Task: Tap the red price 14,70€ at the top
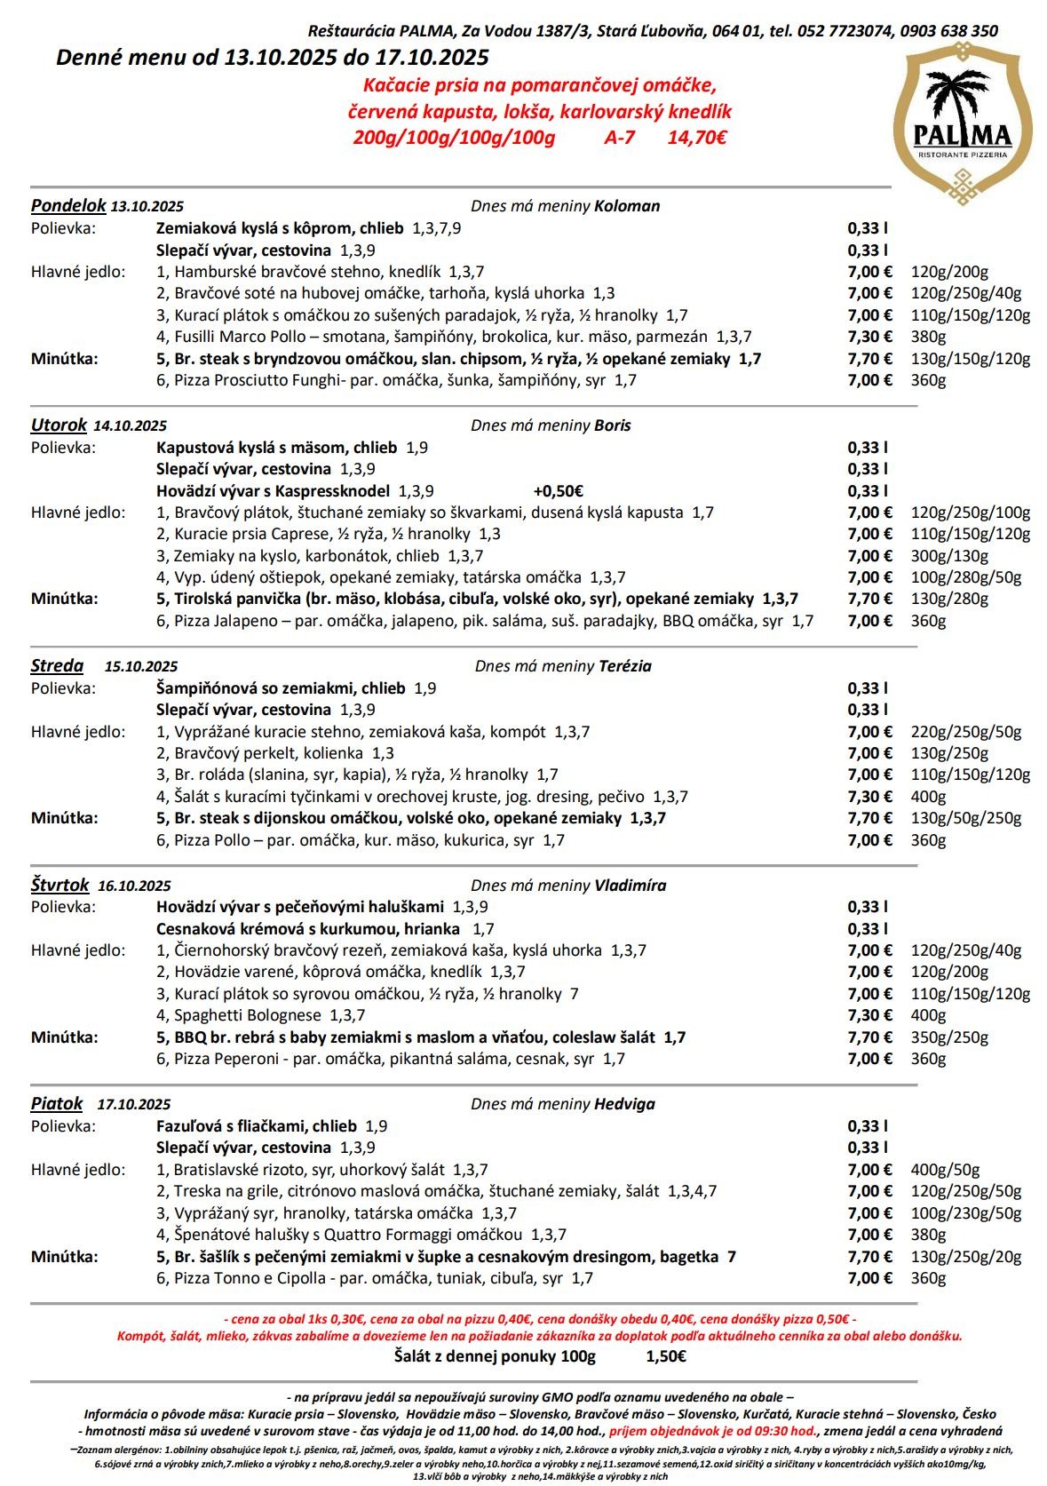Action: [x=697, y=138]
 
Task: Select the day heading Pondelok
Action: [x=68, y=206]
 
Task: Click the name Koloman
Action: [x=627, y=206]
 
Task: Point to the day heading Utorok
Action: [x=59, y=425]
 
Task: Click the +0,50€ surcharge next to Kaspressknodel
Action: [x=558, y=491]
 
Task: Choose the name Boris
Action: [x=613, y=425]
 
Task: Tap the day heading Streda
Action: [x=57, y=666]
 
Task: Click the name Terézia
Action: [x=625, y=666]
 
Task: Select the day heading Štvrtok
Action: [x=60, y=886]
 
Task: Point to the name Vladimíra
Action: [x=630, y=886]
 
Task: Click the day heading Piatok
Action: [x=57, y=1104]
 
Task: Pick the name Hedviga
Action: [x=624, y=1104]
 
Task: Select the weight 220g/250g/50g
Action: [x=966, y=732]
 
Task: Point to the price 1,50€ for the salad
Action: [x=666, y=1356]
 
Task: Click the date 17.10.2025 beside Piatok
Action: [x=134, y=1105]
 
